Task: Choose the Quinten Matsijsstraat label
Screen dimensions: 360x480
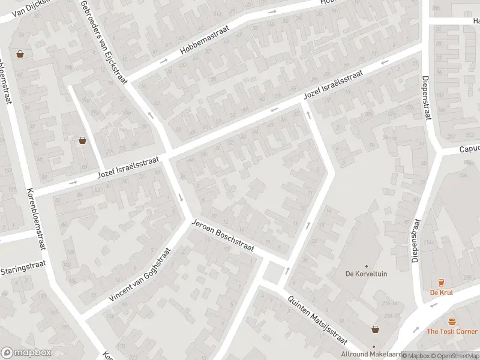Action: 317,320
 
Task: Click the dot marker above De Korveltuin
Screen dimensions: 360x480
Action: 366,266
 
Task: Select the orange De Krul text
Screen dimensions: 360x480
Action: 441,293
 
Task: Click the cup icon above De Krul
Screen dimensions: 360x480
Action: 441,283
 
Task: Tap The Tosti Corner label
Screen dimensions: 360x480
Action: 452,331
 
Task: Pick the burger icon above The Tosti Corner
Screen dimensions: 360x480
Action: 452,322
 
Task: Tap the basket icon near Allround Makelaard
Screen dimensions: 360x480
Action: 376,329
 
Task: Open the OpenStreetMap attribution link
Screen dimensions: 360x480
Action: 454,356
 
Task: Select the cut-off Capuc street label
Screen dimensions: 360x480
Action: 469,150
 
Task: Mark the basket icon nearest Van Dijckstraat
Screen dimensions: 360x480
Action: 20,53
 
